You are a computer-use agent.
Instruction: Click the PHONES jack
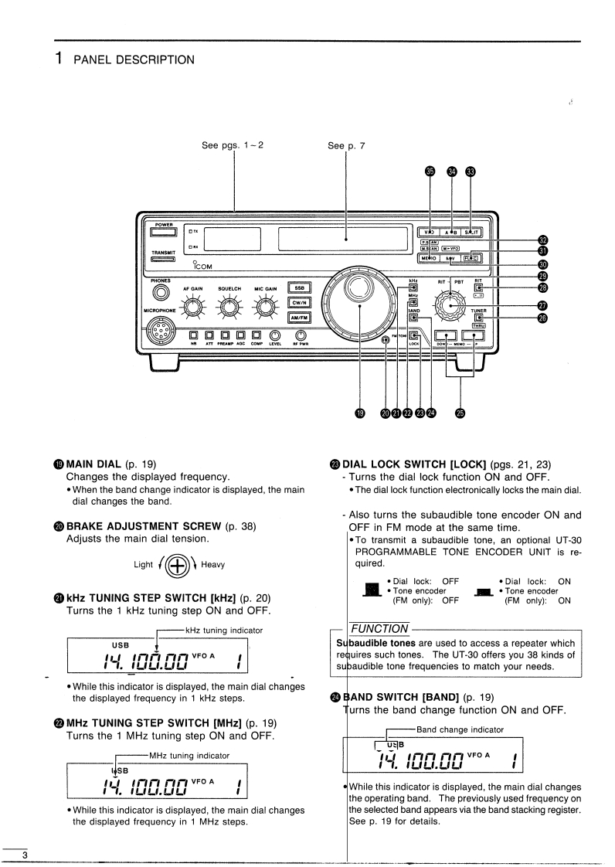coord(161,292)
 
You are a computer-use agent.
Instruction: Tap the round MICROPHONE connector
coord(162,332)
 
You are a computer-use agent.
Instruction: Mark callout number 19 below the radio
coord(360,413)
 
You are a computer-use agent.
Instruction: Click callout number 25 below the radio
coord(460,413)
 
